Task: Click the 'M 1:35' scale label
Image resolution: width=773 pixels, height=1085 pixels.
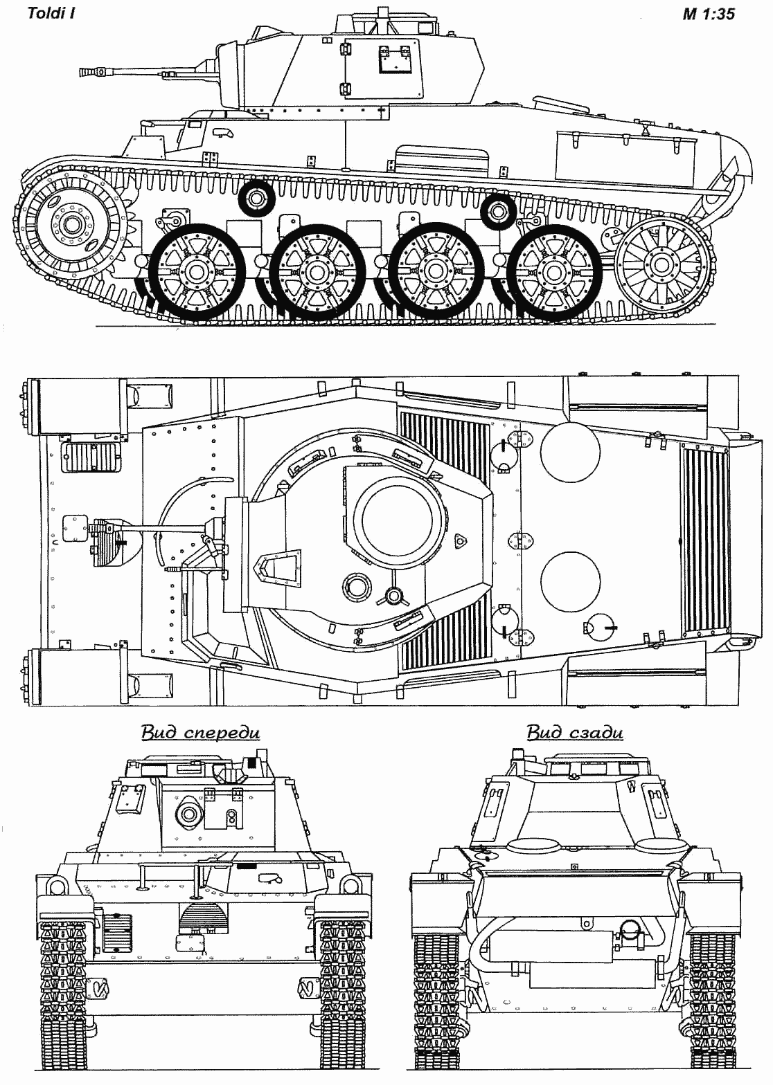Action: (x=708, y=13)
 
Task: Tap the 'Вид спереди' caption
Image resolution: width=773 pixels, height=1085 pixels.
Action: (x=200, y=732)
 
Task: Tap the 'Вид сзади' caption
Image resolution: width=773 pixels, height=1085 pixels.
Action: (x=574, y=732)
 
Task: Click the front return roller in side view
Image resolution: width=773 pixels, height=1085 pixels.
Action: (x=256, y=199)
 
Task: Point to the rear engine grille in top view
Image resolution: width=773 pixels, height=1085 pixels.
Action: (x=705, y=541)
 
